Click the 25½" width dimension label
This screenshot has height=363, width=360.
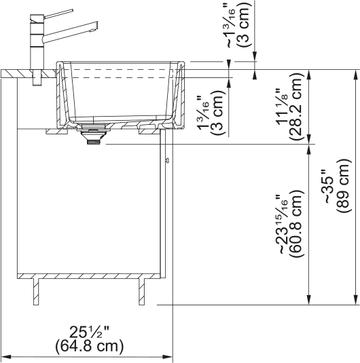(89, 332)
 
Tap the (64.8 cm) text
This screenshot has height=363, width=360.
(89, 346)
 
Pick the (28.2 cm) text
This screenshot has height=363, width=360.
(296, 107)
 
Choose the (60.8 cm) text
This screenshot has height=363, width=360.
(296, 224)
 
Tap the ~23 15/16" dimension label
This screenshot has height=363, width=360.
(282, 225)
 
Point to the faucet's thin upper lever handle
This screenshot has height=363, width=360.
(58, 14)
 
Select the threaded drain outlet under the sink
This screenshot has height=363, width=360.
(94, 141)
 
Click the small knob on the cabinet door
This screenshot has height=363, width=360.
(167, 160)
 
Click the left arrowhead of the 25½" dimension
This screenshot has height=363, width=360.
(7, 357)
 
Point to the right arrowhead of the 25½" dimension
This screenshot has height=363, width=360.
(167, 357)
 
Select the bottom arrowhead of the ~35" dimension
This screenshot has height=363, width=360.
(356, 300)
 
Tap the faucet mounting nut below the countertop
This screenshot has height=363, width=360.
(37, 77)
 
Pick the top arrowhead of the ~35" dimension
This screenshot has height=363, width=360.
(356, 75)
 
